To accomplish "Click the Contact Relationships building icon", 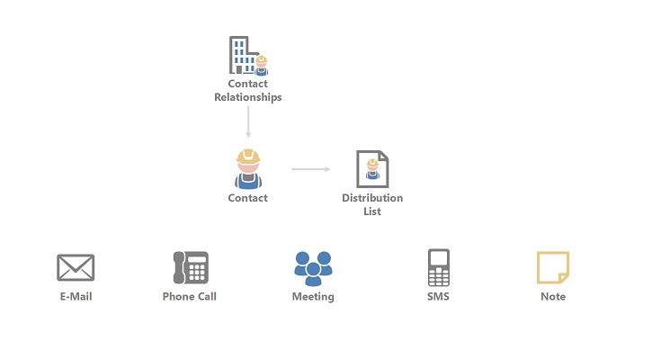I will [x=246, y=56].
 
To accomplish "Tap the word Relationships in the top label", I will [x=247, y=97].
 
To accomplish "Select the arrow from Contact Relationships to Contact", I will [x=247, y=122].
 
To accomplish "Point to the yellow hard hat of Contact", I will [x=247, y=157].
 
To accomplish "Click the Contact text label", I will [x=247, y=198].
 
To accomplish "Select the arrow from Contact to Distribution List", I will [x=310, y=168].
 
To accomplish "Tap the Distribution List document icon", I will [x=372, y=168].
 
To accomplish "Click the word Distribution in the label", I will [x=372, y=198].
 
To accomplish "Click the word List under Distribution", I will [x=372, y=211].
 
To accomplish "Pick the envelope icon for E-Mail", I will [x=76, y=267].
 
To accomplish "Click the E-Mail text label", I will [x=76, y=296].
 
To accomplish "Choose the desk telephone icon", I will [x=190, y=267].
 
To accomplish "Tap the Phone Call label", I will [x=190, y=296].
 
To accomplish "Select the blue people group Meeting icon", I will [x=313, y=265].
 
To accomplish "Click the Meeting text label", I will [x=313, y=296].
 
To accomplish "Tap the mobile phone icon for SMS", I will [x=438, y=267].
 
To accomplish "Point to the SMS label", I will [x=438, y=296].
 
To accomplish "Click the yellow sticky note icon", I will [x=552, y=267].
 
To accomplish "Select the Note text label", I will [x=553, y=296].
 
